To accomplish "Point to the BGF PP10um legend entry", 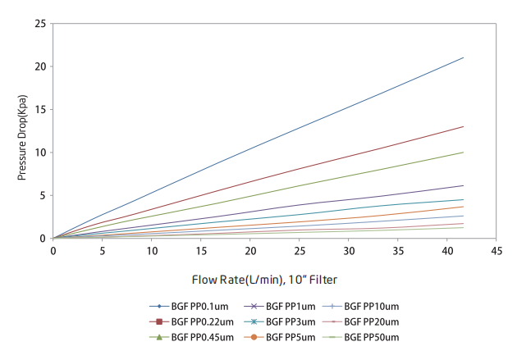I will tap(374, 306).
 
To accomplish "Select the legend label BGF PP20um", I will tap(374, 321).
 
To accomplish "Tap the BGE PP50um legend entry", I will tap(374, 337).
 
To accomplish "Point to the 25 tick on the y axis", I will tap(40, 23).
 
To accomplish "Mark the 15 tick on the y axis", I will tap(40, 109).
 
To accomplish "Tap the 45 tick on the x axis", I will tap(496, 250).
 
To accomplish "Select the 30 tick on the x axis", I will tap(349, 250).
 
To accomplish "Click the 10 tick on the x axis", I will tap(152, 250).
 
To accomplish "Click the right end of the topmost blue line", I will tap(464, 57).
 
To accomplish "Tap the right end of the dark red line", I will tap(464, 126).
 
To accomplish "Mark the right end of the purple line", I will tap(464, 185).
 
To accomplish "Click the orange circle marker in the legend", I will tap(254, 337).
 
